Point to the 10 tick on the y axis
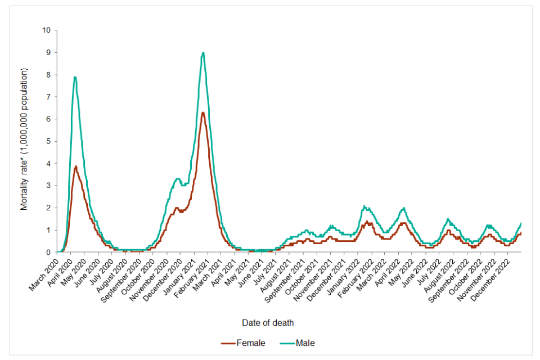click(x=47, y=30)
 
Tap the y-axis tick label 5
click(x=48, y=141)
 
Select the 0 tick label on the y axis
click(x=48, y=252)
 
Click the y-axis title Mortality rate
click(x=24, y=139)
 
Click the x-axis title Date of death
click(x=268, y=323)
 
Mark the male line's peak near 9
click(x=203, y=53)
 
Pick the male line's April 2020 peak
click(x=75, y=77)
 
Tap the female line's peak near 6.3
click(x=202, y=112)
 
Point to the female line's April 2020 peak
click(x=76, y=166)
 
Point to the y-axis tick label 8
click(x=48, y=75)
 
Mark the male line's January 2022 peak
click(x=364, y=206)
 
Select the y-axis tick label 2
click(x=48, y=208)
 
